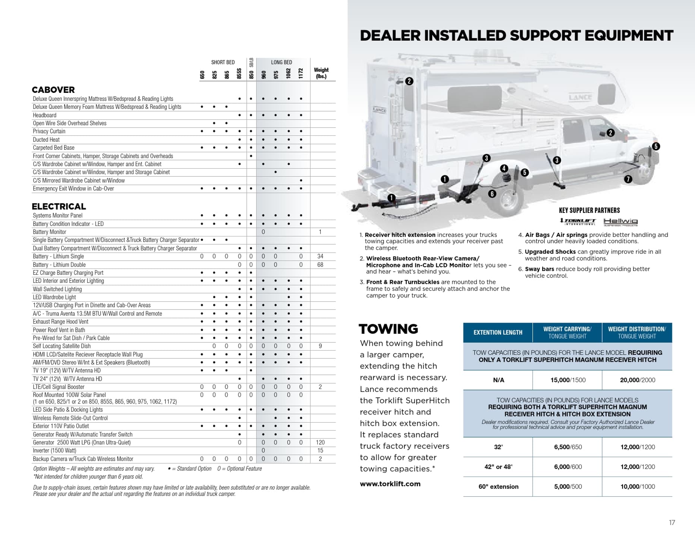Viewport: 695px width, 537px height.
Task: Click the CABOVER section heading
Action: [x=53, y=90]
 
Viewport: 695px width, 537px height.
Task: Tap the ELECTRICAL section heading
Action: [x=59, y=207]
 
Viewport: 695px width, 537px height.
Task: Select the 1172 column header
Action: [x=301, y=73]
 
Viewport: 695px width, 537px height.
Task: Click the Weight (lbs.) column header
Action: [x=321, y=73]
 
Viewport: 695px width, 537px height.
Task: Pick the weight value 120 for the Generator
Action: [x=320, y=443]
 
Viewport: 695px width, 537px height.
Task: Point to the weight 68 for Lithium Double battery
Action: [x=320, y=265]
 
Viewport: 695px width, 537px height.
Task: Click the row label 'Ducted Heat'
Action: [x=46, y=140]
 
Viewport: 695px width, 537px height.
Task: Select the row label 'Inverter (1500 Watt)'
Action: [x=54, y=450]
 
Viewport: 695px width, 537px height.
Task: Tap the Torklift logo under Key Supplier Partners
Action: [x=578, y=222]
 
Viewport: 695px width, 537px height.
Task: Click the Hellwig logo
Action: [x=620, y=222]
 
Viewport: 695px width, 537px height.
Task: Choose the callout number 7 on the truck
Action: [x=628, y=179]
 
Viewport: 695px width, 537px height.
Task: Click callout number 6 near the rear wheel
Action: [x=492, y=194]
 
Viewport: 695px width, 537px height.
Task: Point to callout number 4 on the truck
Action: [x=504, y=168]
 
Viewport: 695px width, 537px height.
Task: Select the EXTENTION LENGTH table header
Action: [x=498, y=333]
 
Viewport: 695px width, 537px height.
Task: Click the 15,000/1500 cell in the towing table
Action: [x=567, y=380]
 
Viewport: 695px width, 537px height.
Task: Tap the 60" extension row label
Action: [x=498, y=487]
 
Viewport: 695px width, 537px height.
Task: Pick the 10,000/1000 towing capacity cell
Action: [x=637, y=487]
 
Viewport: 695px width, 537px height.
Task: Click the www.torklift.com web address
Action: [x=390, y=484]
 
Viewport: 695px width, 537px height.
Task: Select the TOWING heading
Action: [x=388, y=329]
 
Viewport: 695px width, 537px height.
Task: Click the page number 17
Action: [x=672, y=523]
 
